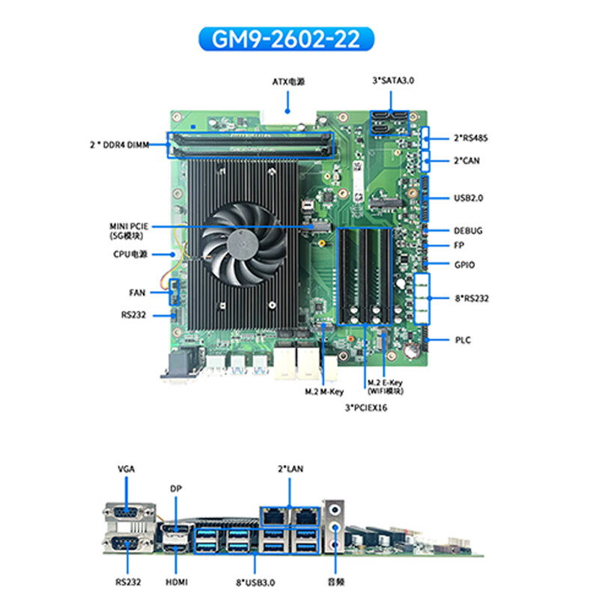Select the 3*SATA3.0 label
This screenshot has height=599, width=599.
(x=392, y=80)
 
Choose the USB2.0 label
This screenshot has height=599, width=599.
(x=468, y=198)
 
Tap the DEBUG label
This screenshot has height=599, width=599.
(x=468, y=231)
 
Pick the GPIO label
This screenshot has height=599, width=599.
(x=464, y=264)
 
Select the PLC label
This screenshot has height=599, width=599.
(x=462, y=340)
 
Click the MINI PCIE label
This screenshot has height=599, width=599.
(x=130, y=226)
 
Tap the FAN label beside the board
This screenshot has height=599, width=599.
(x=137, y=293)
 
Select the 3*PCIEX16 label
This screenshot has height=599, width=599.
(x=365, y=408)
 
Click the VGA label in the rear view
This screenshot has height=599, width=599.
(x=127, y=469)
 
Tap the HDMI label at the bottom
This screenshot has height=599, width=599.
(x=177, y=582)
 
